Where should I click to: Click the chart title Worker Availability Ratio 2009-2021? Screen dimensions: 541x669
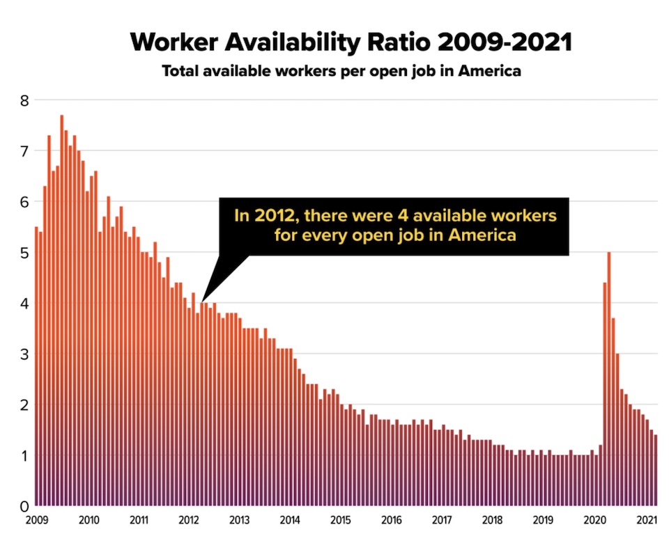[x=351, y=42]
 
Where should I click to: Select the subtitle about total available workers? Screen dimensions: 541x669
[x=341, y=71]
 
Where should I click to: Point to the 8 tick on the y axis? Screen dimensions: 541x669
[x=24, y=100]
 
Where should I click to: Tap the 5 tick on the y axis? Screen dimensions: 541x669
[x=24, y=252]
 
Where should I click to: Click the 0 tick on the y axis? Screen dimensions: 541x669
[x=24, y=506]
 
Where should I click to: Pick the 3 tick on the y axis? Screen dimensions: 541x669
[x=24, y=354]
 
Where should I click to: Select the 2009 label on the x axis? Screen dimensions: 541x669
[x=38, y=519]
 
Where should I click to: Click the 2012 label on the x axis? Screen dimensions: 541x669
[x=189, y=519]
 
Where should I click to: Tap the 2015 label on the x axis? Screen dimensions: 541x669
[x=341, y=519]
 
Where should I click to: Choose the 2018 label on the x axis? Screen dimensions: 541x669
[x=492, y=519]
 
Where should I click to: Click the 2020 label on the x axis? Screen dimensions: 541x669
[x=594, y=519]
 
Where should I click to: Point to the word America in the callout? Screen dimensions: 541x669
[x=482, y=235]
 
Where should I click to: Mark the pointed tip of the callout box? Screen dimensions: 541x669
[x=201, y=301]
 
